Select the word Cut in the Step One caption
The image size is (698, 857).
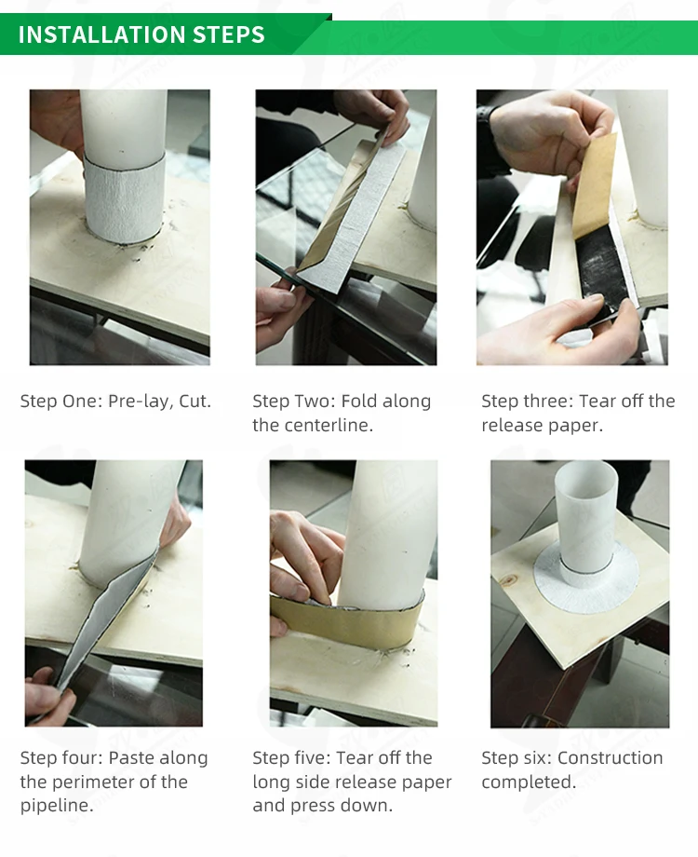(195, 401)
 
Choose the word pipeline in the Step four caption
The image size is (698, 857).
(56, 805)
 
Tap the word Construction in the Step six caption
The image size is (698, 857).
(611, 758)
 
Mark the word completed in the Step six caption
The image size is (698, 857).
(528, 782)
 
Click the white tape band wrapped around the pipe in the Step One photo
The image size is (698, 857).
(125, 197)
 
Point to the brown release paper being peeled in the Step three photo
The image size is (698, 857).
(594, 185)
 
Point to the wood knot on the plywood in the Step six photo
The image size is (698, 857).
(510, 579)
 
